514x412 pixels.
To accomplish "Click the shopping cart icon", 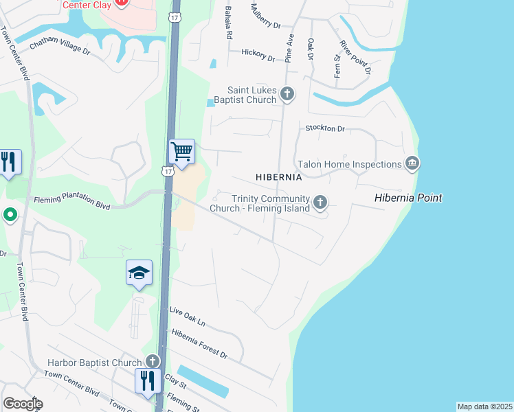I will pyautogui.click(x=181, y=151).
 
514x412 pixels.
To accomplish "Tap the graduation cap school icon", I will pyautogui.click(x=139, y=273).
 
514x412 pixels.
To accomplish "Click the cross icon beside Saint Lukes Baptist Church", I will pyautogui.click(x=287, y=94).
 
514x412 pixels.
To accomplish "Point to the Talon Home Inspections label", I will pyautogui.click(x=349, y=164).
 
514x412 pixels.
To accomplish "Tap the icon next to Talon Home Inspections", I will pyautogui.click(x=412, y=163).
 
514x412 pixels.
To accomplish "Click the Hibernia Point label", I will pyautogui.click(x=408, y=198).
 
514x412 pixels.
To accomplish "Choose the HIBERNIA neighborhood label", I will pyautogui.click(x=279, y=177).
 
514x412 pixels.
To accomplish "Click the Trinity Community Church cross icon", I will pyautogui.click(x=320, y=202).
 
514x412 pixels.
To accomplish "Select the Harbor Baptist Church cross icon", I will pyautogui.click(x=153, y=362).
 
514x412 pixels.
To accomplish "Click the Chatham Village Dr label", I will pyautogui.click(x=60, y=45).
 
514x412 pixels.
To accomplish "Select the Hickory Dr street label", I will pyautogui.click(x=258, y=54).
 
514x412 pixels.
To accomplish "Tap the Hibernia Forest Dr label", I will pyautogui.click(x=199, y=344).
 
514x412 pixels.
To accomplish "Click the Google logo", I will pyautogui.click(x=23, y=404).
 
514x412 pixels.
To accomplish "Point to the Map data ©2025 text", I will pyautogui.click(x=485, y=407).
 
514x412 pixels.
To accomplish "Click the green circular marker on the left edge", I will pyautogui.click(x=10, y=216).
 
